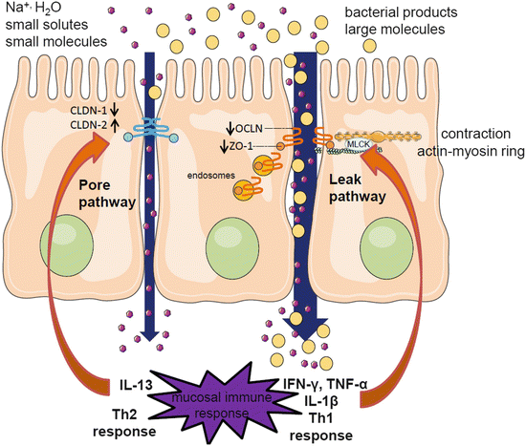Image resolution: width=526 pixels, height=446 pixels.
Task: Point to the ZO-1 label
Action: pyautogui.click(x=247, y=145)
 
